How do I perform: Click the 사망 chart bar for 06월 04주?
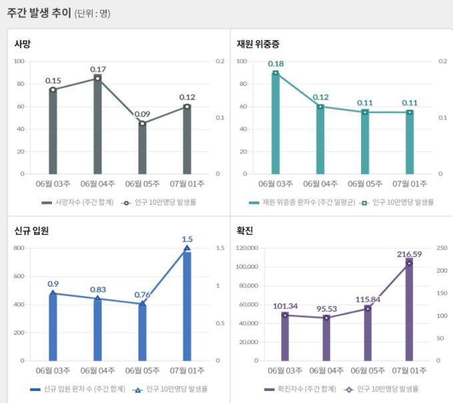(97, 126)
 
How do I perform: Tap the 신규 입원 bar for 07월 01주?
(187, 306)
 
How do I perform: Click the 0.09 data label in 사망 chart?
(142, 114)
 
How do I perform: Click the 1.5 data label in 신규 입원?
(187, 239)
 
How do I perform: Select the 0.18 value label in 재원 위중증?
(275, 64)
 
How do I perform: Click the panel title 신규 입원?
(31, 231)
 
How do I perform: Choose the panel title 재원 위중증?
(258, 44)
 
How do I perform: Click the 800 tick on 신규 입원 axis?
(19, 248)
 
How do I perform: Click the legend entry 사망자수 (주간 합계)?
(77, 201)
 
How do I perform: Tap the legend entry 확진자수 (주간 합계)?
(300, 389)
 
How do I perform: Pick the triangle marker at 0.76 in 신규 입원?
(142, 304)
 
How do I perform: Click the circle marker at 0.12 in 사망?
(187, 106)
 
